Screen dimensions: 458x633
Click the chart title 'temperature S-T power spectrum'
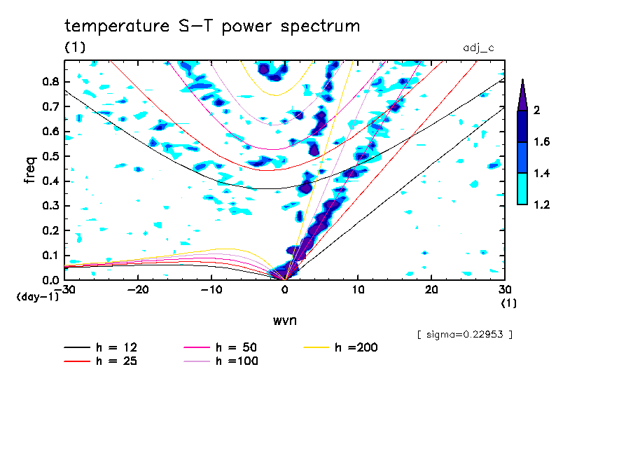point(212,27)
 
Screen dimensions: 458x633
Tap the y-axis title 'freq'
point(30,170)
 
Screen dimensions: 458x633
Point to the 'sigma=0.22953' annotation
point(465,335)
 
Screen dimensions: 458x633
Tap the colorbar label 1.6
point(542,142)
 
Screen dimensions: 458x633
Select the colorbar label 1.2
point(542,204)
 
